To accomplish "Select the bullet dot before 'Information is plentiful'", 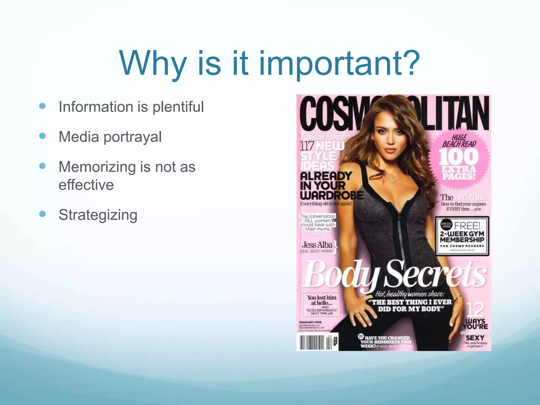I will point(42,106).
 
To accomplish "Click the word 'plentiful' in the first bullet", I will point(178,107).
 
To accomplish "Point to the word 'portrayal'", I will point(132,137).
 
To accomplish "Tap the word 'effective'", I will point(86,185).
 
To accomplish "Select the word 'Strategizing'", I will point(98,215).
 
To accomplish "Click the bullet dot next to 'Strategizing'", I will point(42,214).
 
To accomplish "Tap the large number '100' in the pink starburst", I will point(459,157).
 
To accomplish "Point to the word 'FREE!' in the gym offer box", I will point(467,226).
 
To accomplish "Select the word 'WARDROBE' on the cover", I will point(331,195).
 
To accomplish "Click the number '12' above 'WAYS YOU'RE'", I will point(475,310).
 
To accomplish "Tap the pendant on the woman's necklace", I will point(393,179).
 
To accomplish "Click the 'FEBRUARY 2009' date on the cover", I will point(310,322).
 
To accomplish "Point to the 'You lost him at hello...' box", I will point(322,305).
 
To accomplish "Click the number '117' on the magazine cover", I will point(307,146).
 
